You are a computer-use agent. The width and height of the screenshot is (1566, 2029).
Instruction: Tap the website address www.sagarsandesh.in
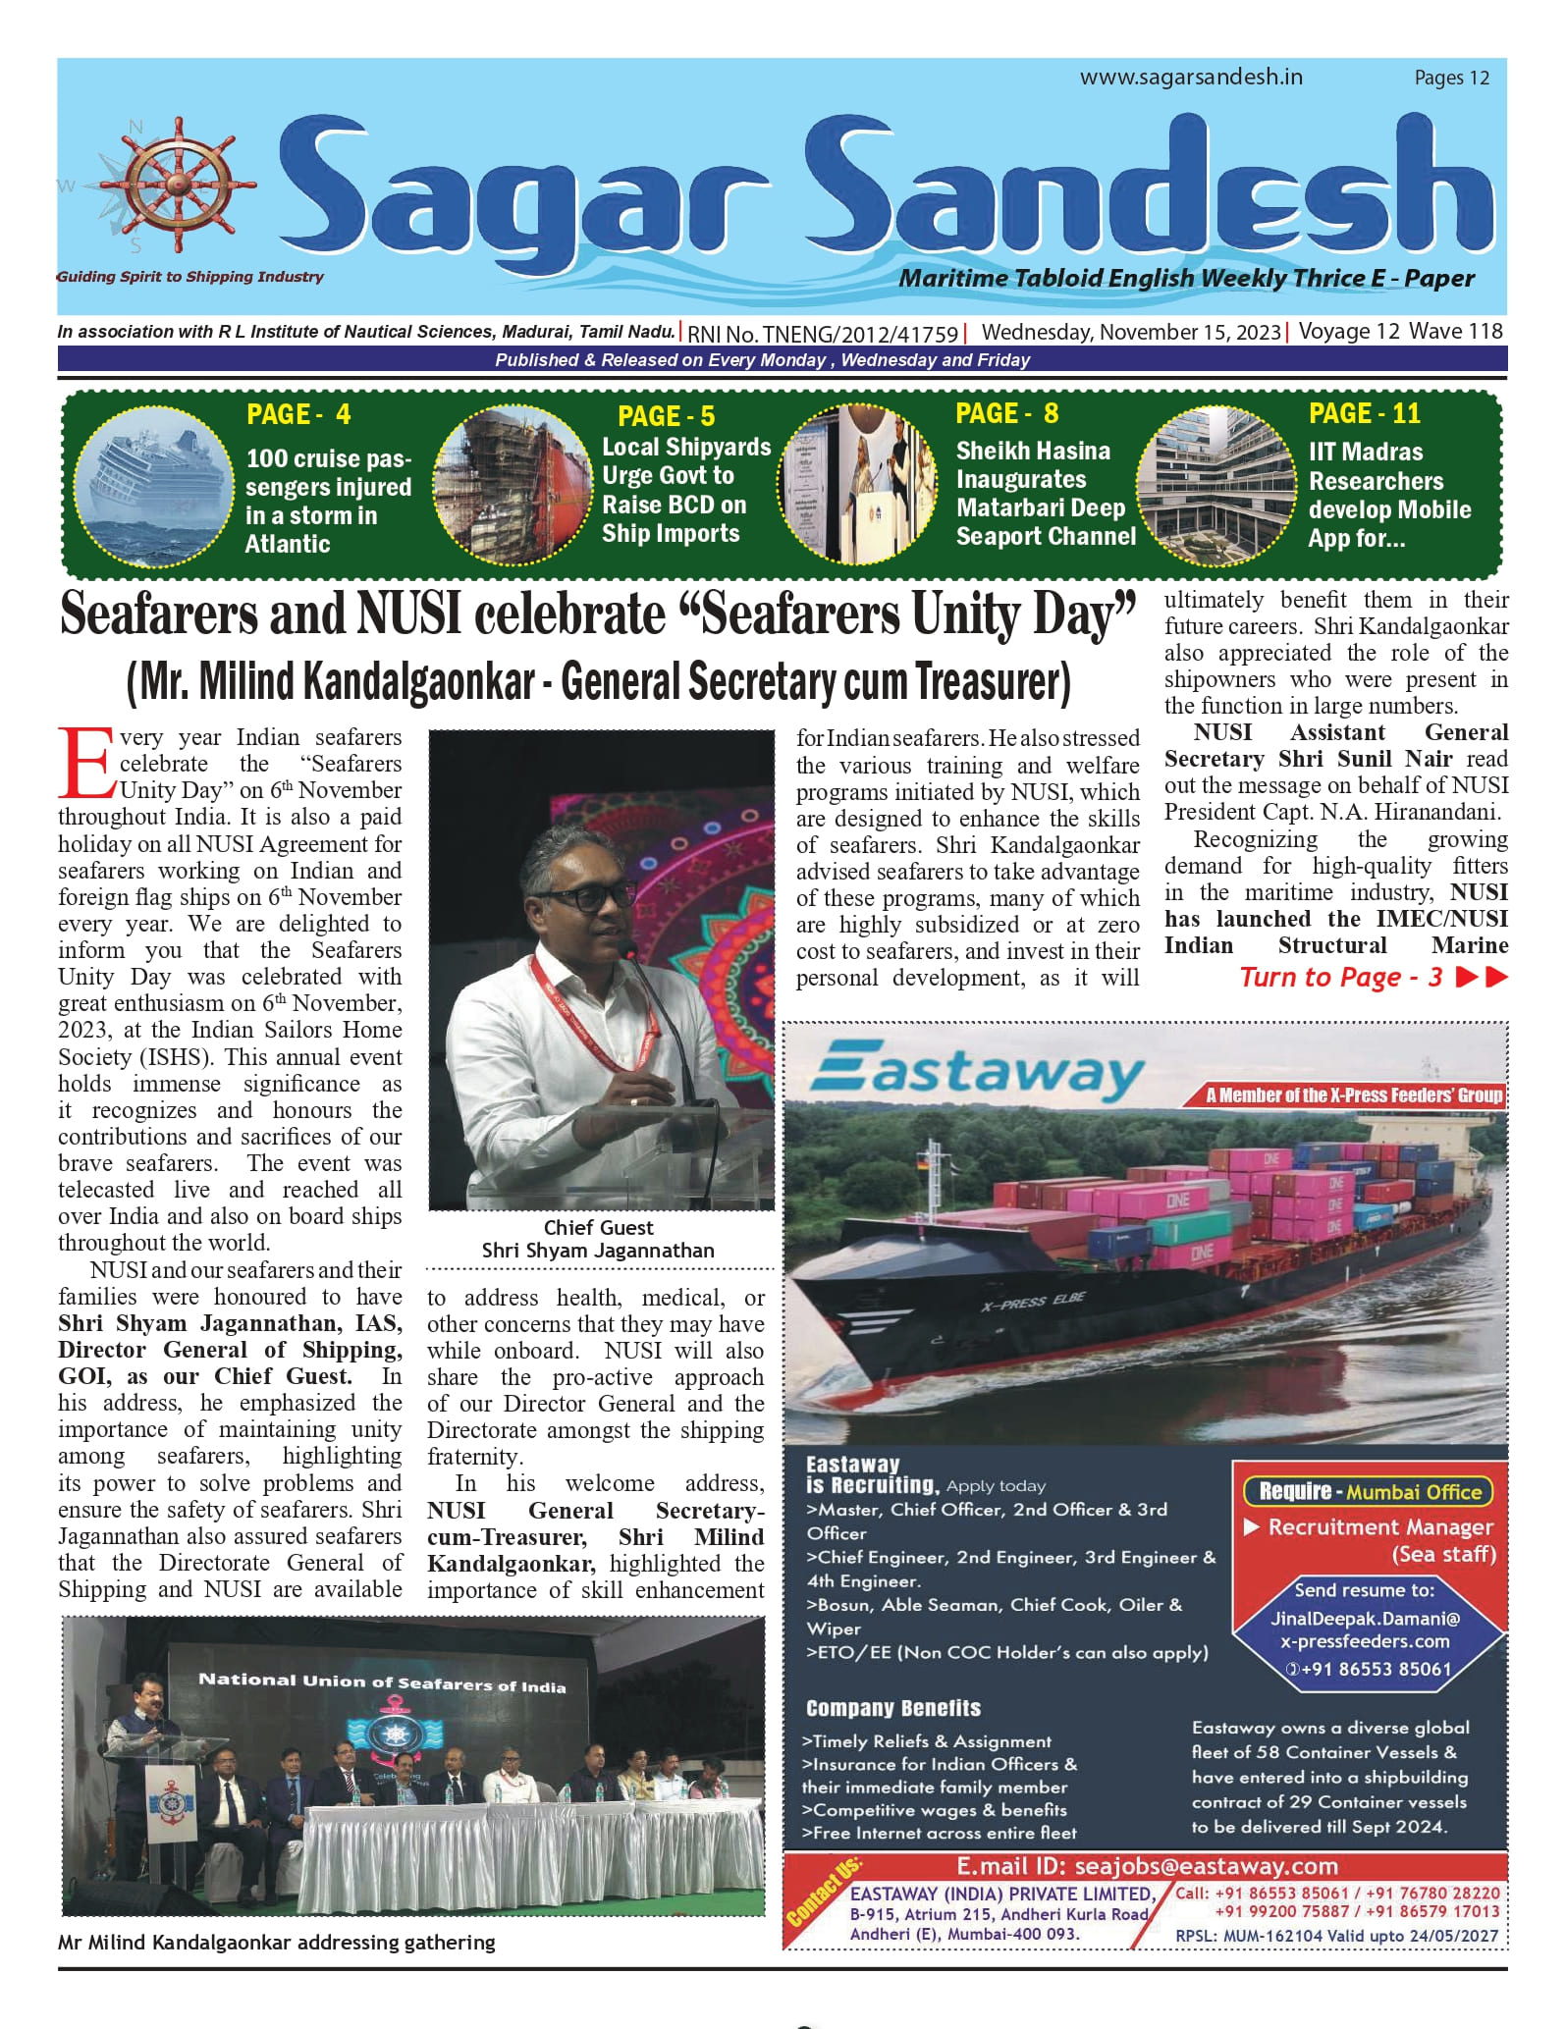(x=1191, y=78)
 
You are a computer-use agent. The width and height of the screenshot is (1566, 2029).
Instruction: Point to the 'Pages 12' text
(x=1451, y=79)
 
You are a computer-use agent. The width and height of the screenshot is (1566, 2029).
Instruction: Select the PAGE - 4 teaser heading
(x=298, y=414)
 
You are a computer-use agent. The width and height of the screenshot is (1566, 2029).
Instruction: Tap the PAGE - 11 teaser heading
(x=1364, y=413)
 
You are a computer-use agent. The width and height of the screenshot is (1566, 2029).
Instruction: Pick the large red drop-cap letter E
(x=85, y=763)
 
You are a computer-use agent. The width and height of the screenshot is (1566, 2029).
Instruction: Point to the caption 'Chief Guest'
(x=598, y=1227)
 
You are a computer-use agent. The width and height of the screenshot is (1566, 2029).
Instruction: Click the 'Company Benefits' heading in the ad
(x=892, y=1708)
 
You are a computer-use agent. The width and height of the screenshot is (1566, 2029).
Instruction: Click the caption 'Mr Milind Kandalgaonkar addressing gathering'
(x=276, y=1942)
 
